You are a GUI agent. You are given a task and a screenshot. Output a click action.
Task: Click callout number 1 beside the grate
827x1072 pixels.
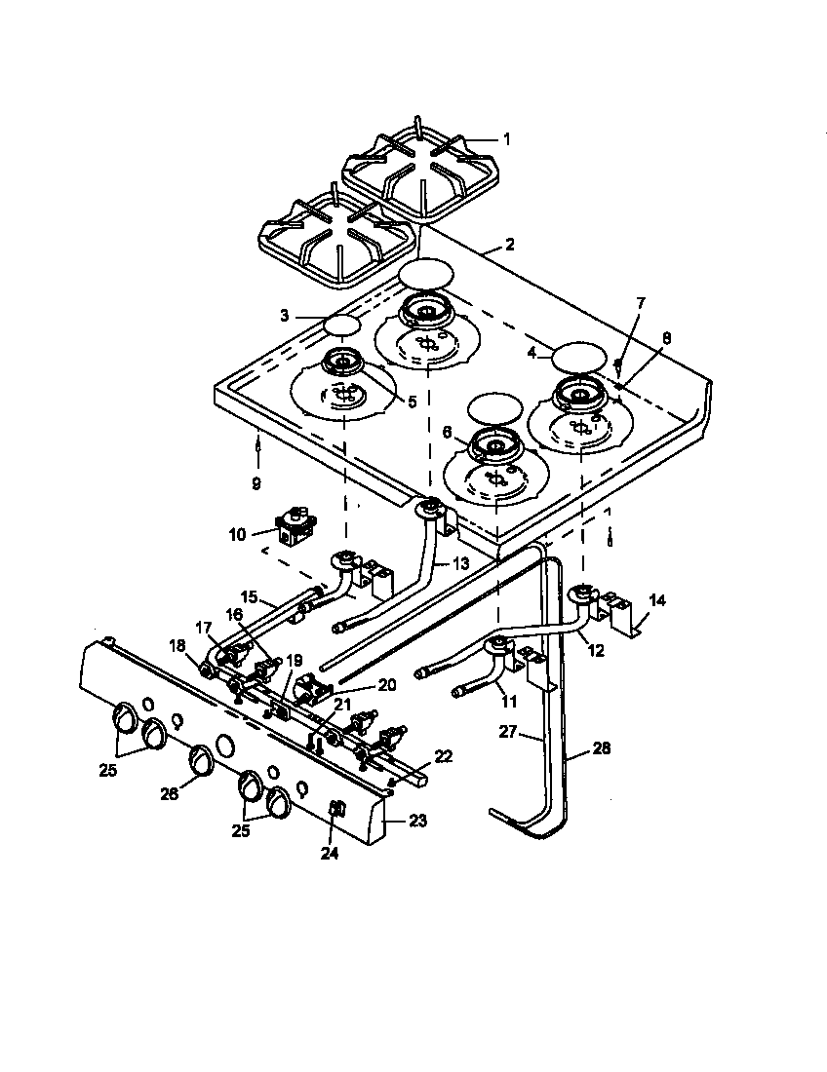(x=506, y=138)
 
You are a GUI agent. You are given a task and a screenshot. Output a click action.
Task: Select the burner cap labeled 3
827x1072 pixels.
(x=342, y=324)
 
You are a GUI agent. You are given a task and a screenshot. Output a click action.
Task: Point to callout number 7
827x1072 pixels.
(x=641, y=304)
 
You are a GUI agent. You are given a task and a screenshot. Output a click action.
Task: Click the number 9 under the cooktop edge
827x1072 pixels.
(x=256, y=481)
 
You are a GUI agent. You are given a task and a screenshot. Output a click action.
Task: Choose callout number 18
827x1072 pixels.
(x=177, y=645)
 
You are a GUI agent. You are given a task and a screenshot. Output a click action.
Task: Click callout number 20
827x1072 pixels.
(x=387, y=685)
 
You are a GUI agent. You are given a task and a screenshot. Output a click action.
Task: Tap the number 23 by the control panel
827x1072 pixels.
(x=417, y=821)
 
